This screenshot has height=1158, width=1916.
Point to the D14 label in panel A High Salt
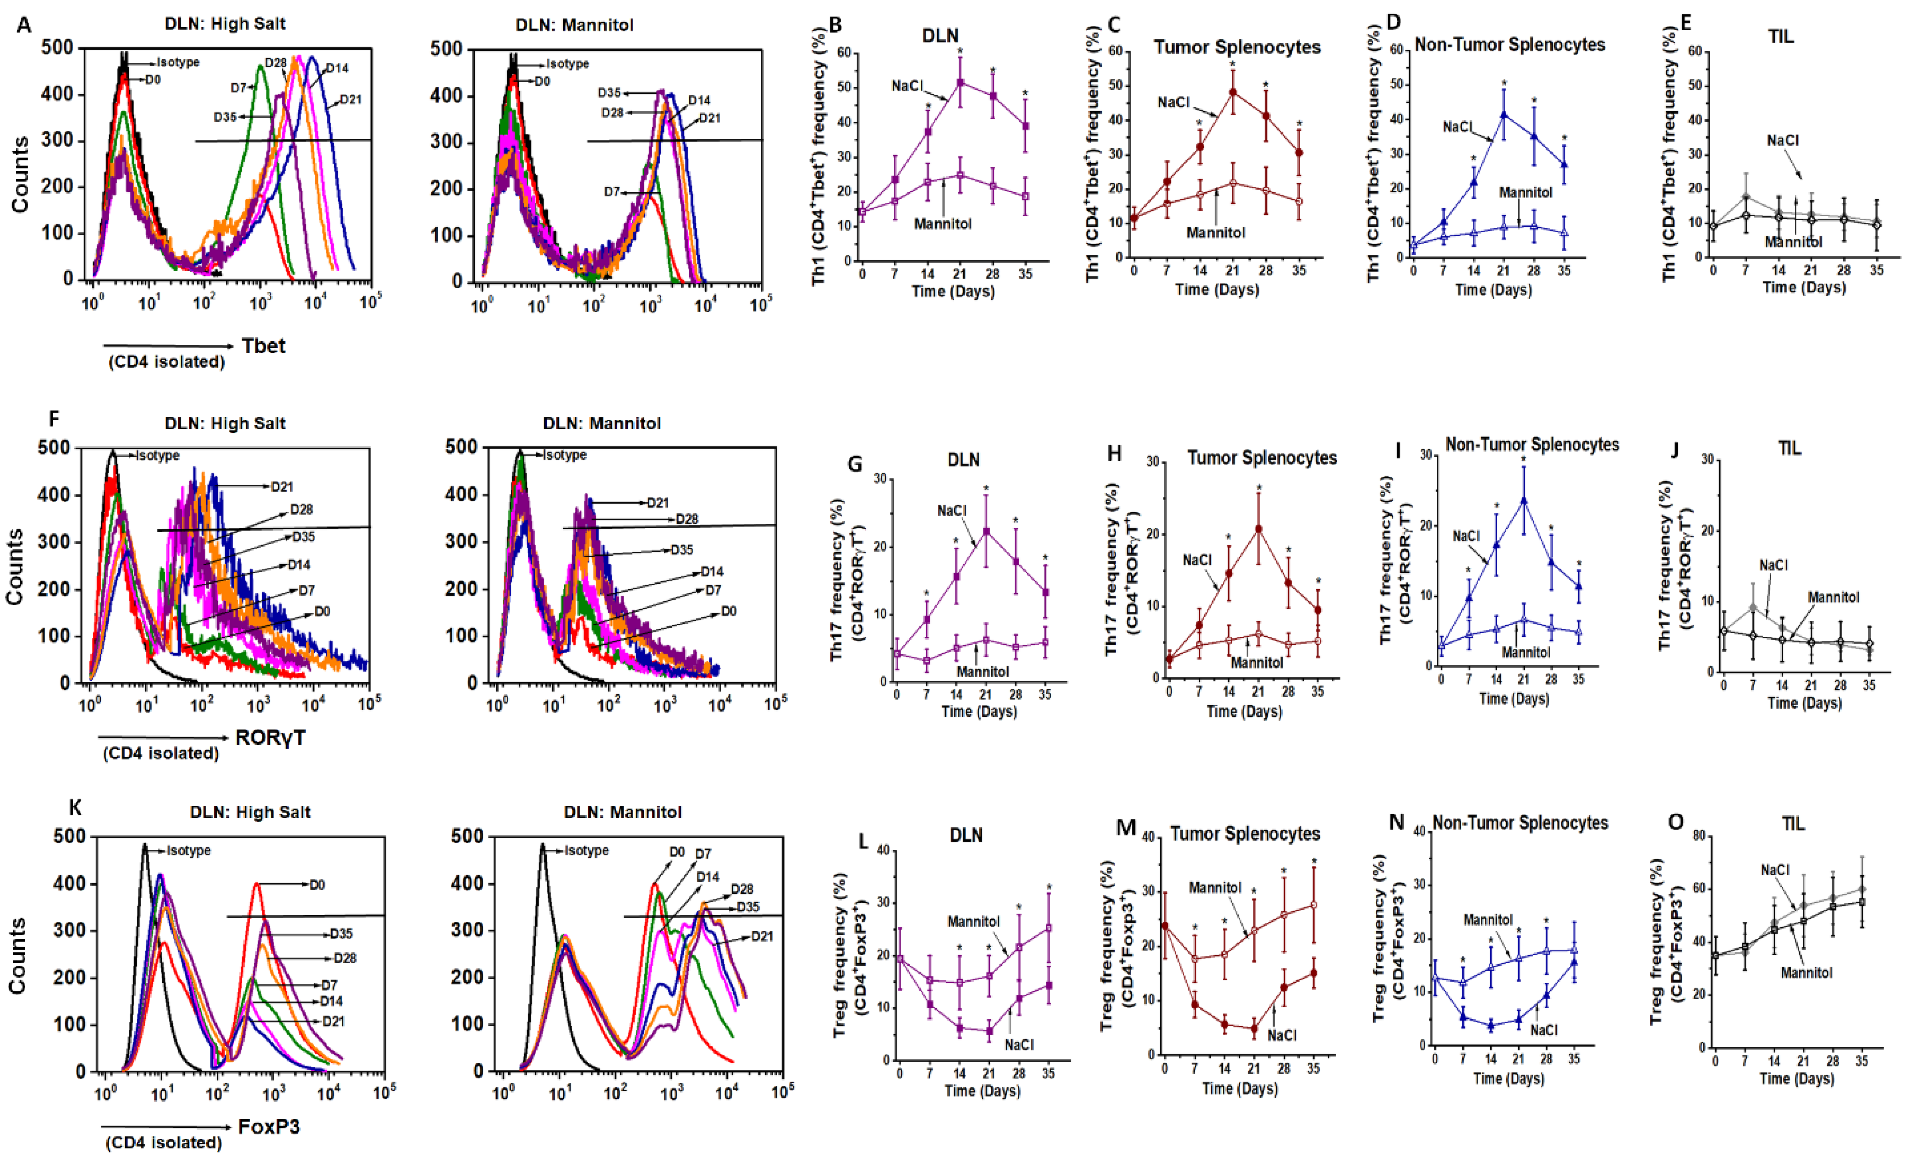[x=337, y=69]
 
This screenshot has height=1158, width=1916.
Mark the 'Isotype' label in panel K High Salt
[x=189, y=851]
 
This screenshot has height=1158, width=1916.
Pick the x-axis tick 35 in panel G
[x=1045, y=695]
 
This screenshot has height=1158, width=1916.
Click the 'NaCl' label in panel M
[x=1282, y=1035]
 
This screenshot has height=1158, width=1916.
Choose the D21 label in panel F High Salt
[x=282, y=487]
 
